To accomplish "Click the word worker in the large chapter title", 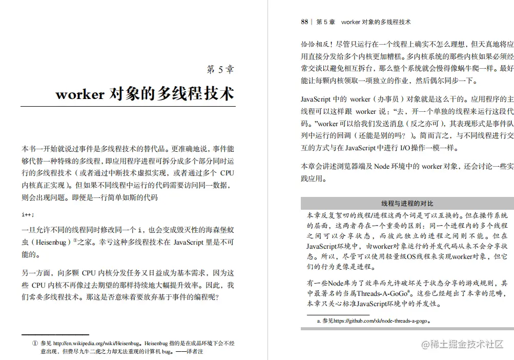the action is [79, 94].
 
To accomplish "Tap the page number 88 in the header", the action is [304, 22].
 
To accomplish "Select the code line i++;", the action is [28, 214].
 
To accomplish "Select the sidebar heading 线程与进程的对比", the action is [407, 203].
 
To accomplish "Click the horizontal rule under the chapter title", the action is [128, 107].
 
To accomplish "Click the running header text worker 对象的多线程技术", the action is [376, 22].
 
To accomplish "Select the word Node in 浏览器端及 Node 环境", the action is [381, 166].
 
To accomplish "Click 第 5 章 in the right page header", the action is [326, 22].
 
